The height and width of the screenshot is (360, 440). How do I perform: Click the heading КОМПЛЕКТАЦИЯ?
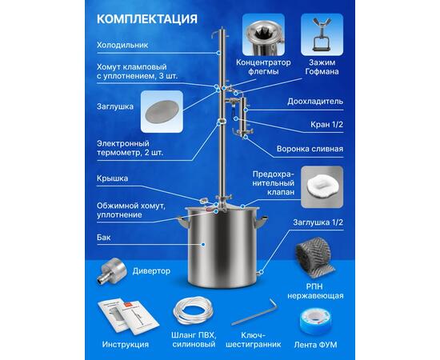pyautogui.click(x=147, y=19)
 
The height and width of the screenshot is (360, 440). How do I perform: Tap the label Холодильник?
pyautogui.click(x=122, y=45)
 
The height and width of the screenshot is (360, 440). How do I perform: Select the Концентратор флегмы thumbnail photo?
pyautogui.click(x=263, y=34)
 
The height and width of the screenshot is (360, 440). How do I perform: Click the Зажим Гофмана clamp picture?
pyautogui.click(x=322, y=34)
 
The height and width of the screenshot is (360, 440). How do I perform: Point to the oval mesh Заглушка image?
pyautogui.click(x=162, y=112)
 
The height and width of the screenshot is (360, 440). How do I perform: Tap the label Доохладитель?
pyautogui.click(x=315, y=102)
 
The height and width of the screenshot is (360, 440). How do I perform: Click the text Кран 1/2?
pyautogui.click(x=326, y=124)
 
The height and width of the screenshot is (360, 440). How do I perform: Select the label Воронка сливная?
pyautogui.click(x=310, y=149)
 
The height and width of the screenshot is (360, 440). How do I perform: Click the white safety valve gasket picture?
pyautogui.click(x=322, y=186)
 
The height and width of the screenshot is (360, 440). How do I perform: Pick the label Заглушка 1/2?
pyautogui.click(x=318, y=222)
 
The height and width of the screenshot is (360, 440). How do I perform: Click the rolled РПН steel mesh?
pyautogui.click(x=314, y=258)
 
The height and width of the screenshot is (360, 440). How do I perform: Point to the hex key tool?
pyautogui.click(x=254, y=313)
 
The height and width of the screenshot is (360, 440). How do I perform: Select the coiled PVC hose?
pyautogui.click(x=193, y=310)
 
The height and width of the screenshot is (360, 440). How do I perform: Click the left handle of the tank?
pyautogui.click(x=182, y=222)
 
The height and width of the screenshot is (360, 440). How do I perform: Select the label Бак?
pyautogui.click(x=103, y=238)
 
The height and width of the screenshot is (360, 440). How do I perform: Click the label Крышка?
pyautogui.click(x=112, y=178)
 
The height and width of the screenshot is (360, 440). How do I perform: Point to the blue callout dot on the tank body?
pyautogui.click(x=203, y=244)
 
